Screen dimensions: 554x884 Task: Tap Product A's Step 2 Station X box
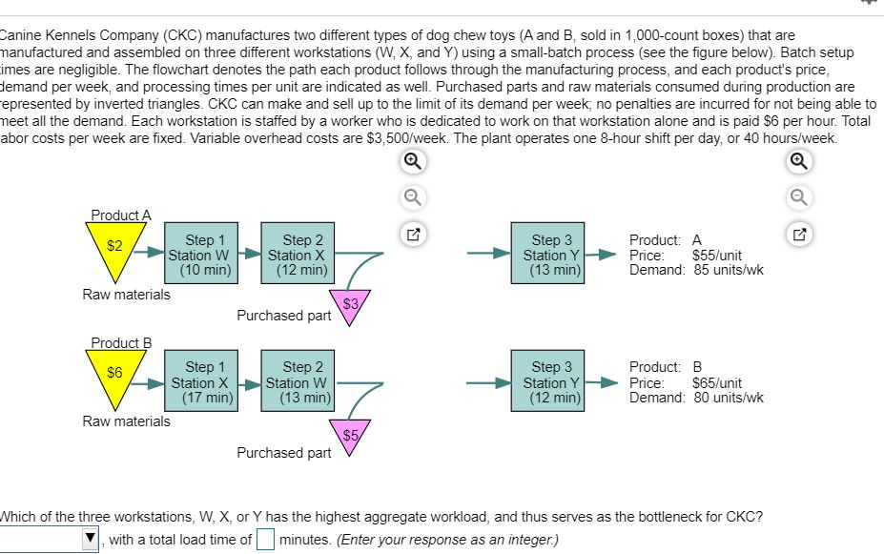tap(297, 255)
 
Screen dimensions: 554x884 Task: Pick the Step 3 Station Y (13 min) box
tap(553, 255)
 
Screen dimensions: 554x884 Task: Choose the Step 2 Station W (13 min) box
tap(297, 381)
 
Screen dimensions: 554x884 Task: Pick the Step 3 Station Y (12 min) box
tap(553, 381)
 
